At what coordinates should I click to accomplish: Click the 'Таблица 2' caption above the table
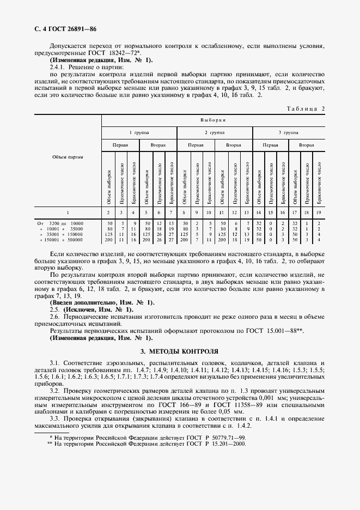305,109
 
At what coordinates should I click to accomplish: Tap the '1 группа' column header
139,132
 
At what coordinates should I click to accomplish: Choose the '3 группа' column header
288,132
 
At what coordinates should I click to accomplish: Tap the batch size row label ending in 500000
60,239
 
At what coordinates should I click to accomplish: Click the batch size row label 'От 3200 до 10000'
60,223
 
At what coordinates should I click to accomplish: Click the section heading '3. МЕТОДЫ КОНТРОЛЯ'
179,351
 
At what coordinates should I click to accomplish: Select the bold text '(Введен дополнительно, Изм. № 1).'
102,302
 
